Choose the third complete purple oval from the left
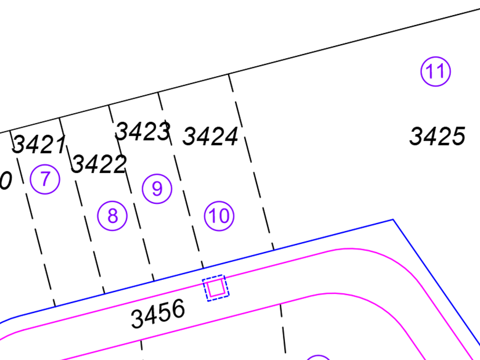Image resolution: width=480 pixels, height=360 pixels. point(157,189)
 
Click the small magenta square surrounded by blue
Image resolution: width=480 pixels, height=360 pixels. point(215,287)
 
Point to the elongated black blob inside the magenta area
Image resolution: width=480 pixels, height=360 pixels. point(156,314)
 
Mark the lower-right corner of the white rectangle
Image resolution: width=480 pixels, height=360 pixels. point(167,87)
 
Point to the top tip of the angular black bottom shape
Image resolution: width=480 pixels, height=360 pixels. point(281,305)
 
